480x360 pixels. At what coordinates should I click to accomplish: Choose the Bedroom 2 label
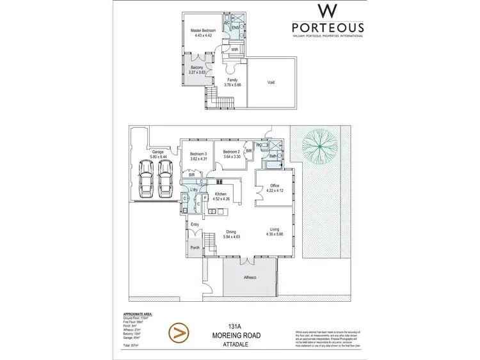[228, 153]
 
